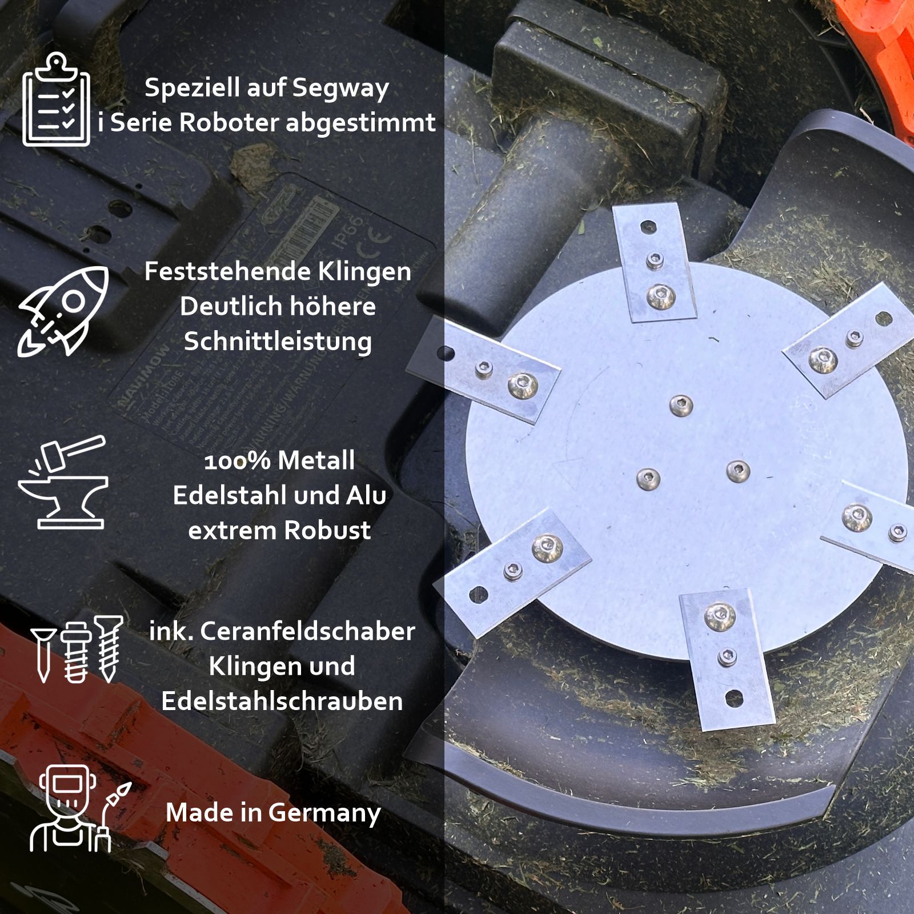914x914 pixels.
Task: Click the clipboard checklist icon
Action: [x=56, y=100]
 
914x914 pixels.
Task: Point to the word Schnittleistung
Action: [x=278, y=342]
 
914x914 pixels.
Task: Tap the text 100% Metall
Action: [x=279, y=460]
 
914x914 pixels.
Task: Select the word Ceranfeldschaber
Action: [x=307, y=631]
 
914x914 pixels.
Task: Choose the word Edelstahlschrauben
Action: [x=282, y=701]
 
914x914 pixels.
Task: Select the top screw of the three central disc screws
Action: [x=681, y=406]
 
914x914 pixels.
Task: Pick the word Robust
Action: [x=327, y=531]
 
